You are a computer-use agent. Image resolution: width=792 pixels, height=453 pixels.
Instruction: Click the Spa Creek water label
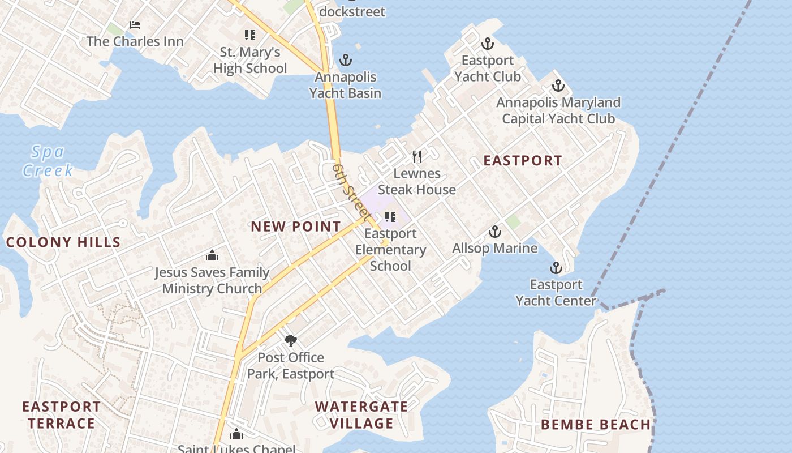[x=48, y=161]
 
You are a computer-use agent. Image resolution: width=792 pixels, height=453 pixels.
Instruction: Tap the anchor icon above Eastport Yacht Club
[x=487, y=44]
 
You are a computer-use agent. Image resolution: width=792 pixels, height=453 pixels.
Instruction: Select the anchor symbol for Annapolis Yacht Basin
[x=345, y=60]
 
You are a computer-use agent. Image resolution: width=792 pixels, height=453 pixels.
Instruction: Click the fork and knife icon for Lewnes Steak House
[x=417, y=156]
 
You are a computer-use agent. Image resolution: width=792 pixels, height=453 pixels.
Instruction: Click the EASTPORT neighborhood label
[x=522, y=160]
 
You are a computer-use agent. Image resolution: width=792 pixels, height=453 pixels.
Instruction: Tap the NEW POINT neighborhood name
[x=296, y=226]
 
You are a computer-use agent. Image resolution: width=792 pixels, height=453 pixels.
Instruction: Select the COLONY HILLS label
[x=63, y=242]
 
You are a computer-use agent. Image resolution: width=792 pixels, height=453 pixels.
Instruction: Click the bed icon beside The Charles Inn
[x=135, y=25]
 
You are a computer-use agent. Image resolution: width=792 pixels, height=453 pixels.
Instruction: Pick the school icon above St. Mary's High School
[x=250, y=35]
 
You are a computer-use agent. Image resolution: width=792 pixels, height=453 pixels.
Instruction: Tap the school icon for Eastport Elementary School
[x=390, y=216]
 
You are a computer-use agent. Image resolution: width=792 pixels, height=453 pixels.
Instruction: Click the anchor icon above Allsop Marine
[x=495, y=232]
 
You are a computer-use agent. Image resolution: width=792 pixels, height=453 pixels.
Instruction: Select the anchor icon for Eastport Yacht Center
[x=556, y=268]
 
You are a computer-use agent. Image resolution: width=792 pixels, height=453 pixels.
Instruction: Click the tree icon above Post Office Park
[x=291, y=340]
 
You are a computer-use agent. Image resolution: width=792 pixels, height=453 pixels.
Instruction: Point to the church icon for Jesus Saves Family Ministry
[x=212, y=255]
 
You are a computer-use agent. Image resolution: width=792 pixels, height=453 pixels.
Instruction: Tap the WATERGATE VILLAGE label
[x=361, y=414]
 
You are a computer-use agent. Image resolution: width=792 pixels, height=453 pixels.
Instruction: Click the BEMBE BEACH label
[x=595, y=425]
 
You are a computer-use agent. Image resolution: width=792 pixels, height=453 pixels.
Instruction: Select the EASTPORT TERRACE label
[x=61, y=414]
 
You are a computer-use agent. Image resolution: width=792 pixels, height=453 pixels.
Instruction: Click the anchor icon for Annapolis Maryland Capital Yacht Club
[x=558, y=86]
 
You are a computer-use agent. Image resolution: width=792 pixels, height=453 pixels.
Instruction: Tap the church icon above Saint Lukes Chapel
[x=236, y=434]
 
